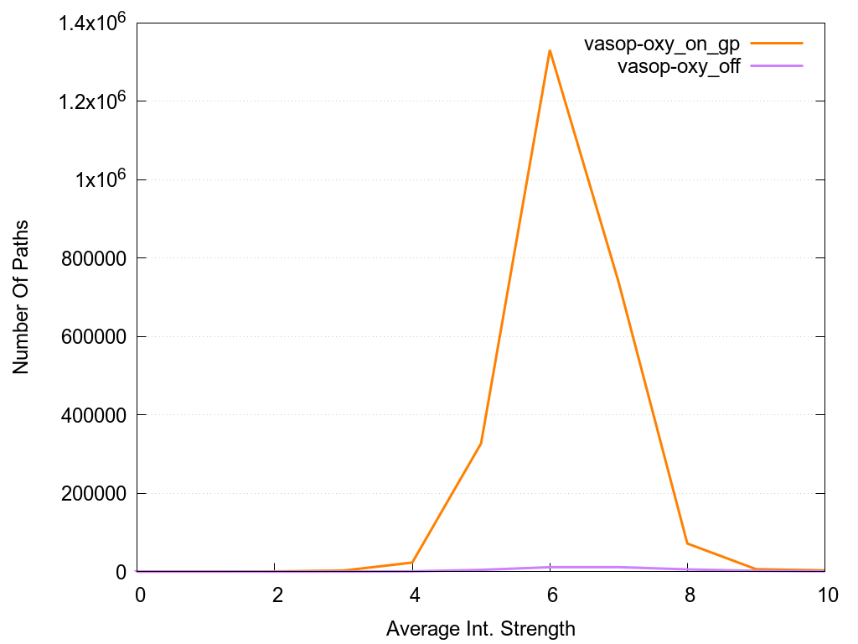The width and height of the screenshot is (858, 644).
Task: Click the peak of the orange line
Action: [550, 50]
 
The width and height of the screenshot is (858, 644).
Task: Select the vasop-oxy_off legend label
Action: [679, 67]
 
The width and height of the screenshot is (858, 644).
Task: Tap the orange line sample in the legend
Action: [777, 44]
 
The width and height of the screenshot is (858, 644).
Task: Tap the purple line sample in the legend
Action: [777, 65]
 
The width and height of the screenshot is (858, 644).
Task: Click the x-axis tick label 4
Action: [413, 595]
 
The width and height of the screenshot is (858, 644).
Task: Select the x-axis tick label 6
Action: [550, 595]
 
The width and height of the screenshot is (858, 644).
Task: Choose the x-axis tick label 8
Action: [688, 595]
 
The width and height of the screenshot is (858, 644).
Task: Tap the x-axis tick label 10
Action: [824, 595]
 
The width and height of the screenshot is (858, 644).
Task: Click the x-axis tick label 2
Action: [276, 595]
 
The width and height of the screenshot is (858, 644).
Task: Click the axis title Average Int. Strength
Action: [481, 628]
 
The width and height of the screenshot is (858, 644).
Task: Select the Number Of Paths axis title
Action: [21, 297]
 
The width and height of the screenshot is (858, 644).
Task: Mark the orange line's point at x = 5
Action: [481, 443]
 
